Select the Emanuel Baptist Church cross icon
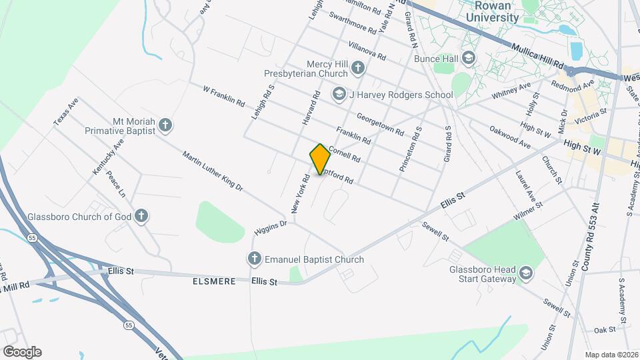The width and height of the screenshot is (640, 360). tap(254, 259)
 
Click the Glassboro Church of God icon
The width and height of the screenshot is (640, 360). tap(141, 216)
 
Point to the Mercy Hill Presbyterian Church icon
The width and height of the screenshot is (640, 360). tap(358, 68)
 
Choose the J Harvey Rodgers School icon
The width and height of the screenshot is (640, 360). tap(339, 95)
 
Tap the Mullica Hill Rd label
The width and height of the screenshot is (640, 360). tap(537, 57)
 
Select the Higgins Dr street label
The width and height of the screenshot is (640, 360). tap(270, 227)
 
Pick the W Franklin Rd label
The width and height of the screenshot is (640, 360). tap(223, 95)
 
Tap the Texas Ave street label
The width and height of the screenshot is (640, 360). tap(66, 112)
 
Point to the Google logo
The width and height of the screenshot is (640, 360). tap(22, 352)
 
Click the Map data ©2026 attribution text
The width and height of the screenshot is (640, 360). tap(611, 355)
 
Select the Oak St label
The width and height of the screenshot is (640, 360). tap(604, 329)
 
